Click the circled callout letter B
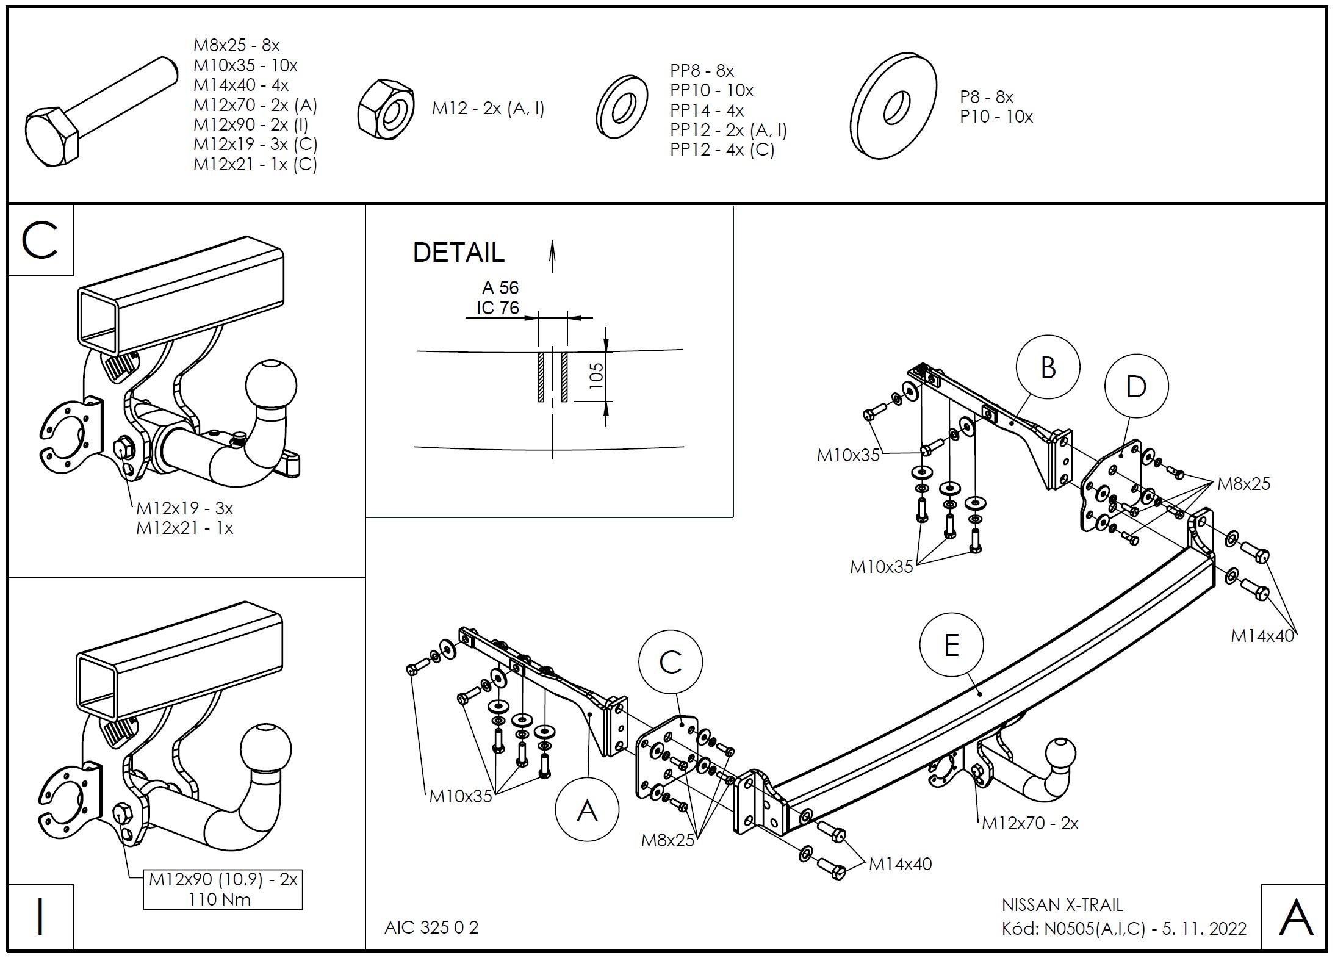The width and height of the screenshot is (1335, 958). (x=1048, y=368)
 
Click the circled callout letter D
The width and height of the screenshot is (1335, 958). (x=1136, y=387)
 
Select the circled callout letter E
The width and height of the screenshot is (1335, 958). (x=951, y=646)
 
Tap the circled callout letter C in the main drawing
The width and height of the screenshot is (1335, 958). (x=671, y=663)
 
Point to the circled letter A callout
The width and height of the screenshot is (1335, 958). (x=587, y=810)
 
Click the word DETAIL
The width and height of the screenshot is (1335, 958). (x=459, y=253)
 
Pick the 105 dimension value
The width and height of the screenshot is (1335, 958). (x=597, y=374)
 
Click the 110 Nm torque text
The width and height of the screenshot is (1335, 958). (x=220, y=899)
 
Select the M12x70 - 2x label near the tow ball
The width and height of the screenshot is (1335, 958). (x=1030, y=823)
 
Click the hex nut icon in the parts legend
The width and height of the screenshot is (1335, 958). (x=386, y=109)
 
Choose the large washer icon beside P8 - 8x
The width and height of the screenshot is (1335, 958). (x=893, y=106)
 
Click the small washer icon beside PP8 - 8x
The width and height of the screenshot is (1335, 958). (x=622, y=107)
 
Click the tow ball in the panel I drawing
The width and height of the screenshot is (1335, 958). (x=266, y=750)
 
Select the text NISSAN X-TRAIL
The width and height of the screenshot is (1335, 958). (x=1062, y=905)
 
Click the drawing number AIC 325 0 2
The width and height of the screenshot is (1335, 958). (x=431, y=927)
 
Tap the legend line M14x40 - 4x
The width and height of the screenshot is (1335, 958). (x=241, y=85)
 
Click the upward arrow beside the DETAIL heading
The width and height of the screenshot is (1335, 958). (x=552, y=256)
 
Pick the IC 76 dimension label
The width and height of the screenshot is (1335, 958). (x=498, y=307)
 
